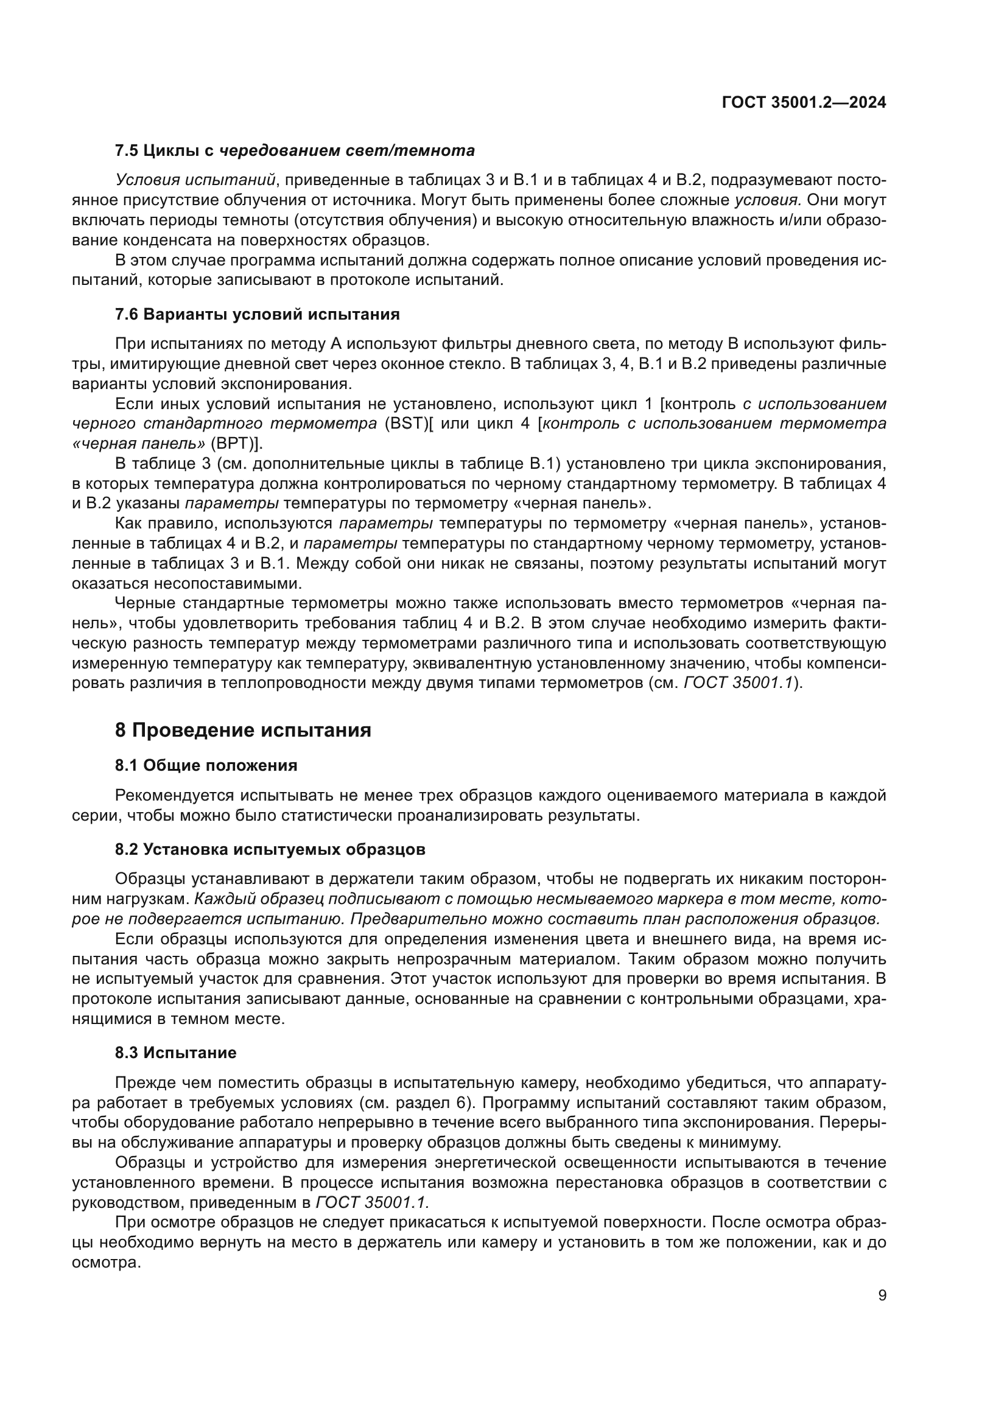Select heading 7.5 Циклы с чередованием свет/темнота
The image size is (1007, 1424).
tap(295, 151)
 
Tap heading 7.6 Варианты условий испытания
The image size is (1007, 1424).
tap(258, 314)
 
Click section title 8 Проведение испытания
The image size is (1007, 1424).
tap(242, 730)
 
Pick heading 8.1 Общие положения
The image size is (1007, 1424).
tap(206, 766)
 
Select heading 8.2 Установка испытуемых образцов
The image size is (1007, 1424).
tap(270, 850)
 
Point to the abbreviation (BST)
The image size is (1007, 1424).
tap(407, 424)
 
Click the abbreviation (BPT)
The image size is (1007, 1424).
tap(236, 443)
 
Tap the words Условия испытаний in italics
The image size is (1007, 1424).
tap(195, 180)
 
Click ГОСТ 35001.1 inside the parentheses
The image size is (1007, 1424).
tap(738, 683)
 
